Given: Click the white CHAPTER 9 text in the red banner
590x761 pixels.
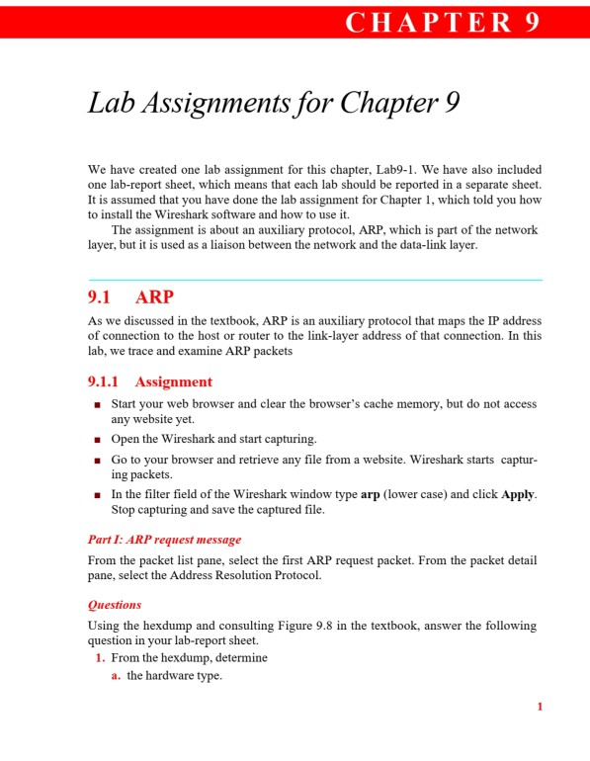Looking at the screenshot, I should [x=443, y=23].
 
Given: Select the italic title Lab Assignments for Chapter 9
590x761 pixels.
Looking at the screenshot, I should [x=274, y=103].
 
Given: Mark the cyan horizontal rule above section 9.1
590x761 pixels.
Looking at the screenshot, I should [x=314, y=280].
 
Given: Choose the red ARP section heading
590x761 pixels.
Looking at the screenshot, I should [x=154, y=297].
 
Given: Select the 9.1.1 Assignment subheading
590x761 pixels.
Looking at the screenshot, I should [x=149, y=381].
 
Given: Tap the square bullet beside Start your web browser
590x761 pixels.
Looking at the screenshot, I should [x=97, y=405].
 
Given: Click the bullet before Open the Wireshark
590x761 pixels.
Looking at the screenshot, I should [x=97, y=439].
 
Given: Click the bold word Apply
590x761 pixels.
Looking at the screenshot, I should [x=518, y=494].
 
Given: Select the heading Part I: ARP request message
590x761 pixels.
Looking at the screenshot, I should [x=164, y=540].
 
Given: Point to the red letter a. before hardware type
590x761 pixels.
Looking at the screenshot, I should [x=116, y=675].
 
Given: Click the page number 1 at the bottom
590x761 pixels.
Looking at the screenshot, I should [x=540, y=707].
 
